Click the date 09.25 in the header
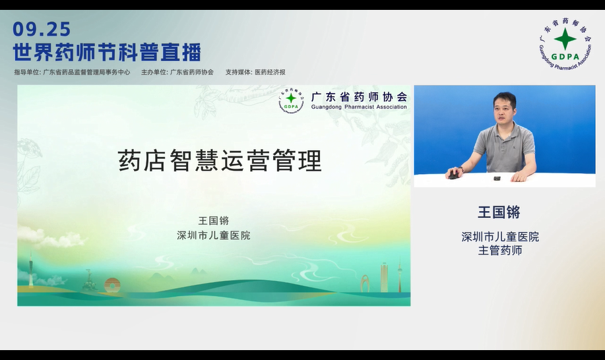click(x=42, y=29)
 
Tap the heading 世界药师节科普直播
click(x=107, y=52)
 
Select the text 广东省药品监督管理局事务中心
click(x=86, y=73)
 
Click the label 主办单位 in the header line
click(x=154, y=73)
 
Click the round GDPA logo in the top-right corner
click(x=565, y=42)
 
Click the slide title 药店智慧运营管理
click(x=220, y=161)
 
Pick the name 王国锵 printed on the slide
click(x=213, y=221)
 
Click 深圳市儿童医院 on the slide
click(x=213, y=235)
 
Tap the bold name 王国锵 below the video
click(x=499, y=212)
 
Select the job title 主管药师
click(x=499, y=251)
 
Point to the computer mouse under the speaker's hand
click(x=453, y=175)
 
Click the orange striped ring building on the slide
click(x=113, y=285)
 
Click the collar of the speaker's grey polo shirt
click(x=505, y=127)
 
